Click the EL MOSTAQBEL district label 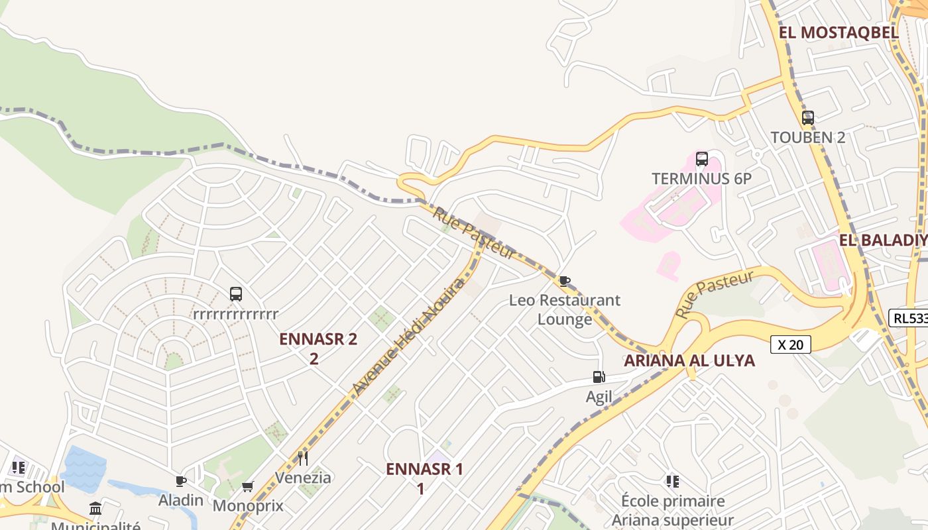click(838, 32)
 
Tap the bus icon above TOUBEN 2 click(807, 118)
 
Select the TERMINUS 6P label click(701, 178)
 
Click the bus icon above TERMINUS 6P click(701, 159)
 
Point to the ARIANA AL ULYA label click(689, 360)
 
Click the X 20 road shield click(791, 344)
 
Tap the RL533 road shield click(908, 318)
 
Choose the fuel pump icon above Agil click(599, 377)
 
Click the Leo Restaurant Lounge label click(565, 309)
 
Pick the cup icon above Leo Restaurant click(564, 281)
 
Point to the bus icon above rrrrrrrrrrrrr click(235, 293)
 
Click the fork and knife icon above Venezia click(303, 458)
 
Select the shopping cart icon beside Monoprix click(247, 487)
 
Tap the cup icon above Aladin click(180, 481)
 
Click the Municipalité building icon click(95, 509)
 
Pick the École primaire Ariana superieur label click(672, 510)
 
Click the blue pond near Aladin click(84, 468)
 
